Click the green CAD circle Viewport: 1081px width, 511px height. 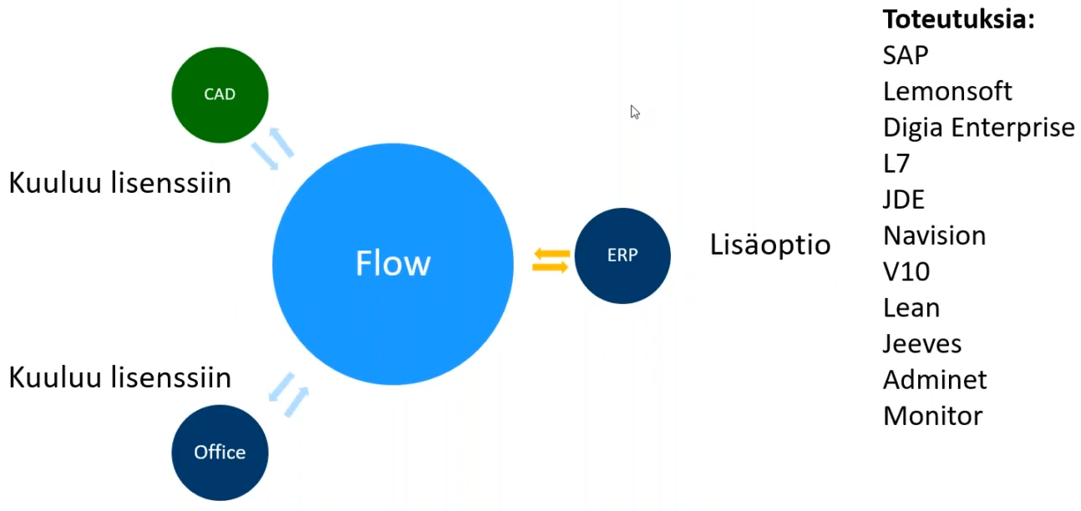[x=220, y=94]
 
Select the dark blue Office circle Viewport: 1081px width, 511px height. [x=220, y=453]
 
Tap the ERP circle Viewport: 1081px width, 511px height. [x=622, y=255]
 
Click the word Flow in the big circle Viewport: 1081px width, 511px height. [x=393, y=264]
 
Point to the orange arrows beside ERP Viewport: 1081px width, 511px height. [x=551, y=260]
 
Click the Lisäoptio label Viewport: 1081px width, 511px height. [x=770, y=245]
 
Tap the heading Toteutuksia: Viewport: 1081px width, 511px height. [x=959, y=19]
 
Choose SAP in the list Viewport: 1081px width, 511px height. [x=906, y=55]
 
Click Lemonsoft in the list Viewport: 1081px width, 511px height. [x=947, y=91]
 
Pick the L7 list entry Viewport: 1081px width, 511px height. [x=896, y=164]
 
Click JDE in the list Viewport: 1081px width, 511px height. [x=904, y=200]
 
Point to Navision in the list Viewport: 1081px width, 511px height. [x=934, y=235]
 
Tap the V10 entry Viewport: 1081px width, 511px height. [x=906, y=271]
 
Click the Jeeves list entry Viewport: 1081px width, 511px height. [x=922, y=343]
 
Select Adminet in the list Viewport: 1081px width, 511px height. [x=935, y=380]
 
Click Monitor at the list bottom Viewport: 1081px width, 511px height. [x=932, y=416]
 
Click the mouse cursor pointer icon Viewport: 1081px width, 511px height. [x=635, y=112]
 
